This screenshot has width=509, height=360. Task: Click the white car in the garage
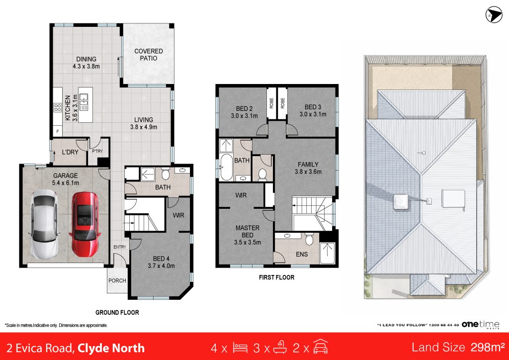point(44,225)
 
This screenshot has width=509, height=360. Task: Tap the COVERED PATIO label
point(148,55)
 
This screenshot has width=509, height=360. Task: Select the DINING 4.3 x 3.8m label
point(86,63)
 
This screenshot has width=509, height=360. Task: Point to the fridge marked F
point(58,131)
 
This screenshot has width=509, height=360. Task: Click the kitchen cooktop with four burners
point(58,107)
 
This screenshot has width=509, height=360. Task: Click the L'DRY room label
point(70,152)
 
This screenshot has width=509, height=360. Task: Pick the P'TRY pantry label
point(97,151)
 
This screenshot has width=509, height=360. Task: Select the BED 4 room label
point(162,259)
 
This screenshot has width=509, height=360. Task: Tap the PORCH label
point(117,280)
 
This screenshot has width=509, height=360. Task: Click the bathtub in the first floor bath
point(226,167)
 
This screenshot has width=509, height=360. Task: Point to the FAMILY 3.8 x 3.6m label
point(308,168)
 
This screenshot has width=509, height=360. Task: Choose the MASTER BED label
point(248,231)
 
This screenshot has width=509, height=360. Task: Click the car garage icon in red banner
point(321,347)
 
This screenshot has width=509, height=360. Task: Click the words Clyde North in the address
point(111,348)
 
